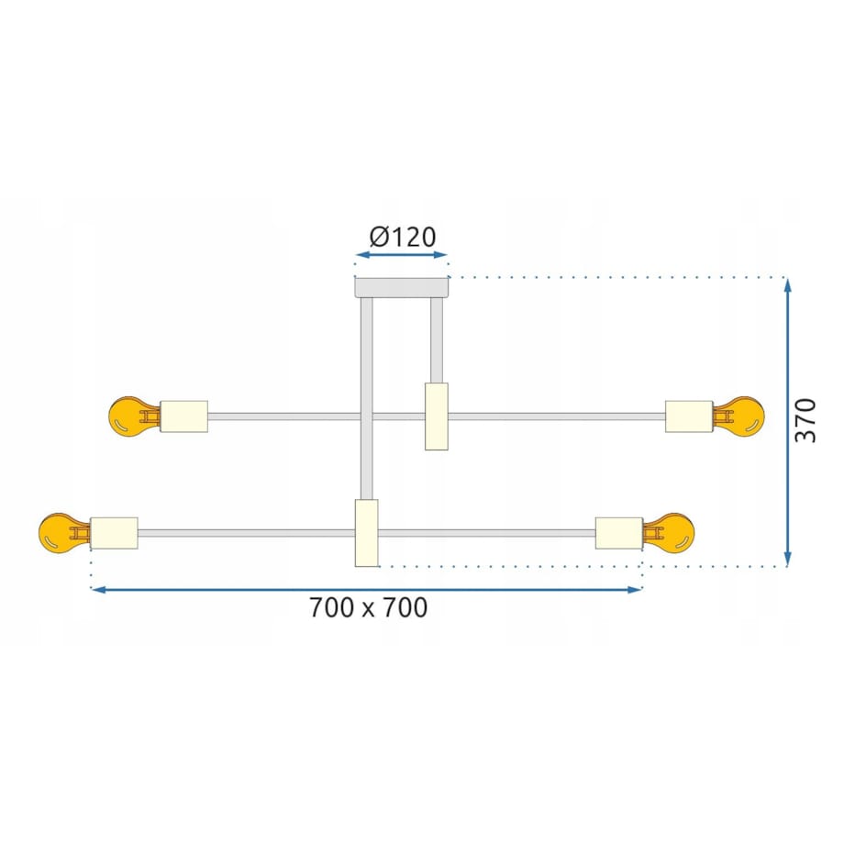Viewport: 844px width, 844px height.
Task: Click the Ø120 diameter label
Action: pos(402,237)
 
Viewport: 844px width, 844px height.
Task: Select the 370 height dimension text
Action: pos(805,420)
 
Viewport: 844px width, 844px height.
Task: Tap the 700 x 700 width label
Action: pos(368,607)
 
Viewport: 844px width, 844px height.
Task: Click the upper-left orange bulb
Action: pos(132,416)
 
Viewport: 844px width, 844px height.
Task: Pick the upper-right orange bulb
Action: pos(740,416)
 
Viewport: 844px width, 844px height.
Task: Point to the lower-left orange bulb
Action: pos(62,532)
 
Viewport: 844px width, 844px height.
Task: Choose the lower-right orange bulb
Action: pos(670,532)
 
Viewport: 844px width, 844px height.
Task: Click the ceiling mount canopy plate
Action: pos(401,287)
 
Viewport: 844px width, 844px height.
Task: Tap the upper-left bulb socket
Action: pos(183,416)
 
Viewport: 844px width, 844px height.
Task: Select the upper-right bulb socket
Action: pos(689,416)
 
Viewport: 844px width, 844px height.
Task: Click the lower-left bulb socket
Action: pos(114,533)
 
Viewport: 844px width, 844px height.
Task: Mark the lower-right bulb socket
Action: pos(619,533)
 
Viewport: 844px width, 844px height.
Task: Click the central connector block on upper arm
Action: pos(437,416)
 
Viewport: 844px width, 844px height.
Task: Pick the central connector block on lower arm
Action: pos(367,533)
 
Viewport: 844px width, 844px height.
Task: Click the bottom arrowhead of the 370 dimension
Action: pos(788,559)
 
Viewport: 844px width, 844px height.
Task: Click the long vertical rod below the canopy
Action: pos(367,394)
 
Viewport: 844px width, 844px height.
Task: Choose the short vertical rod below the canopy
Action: pos(437,339)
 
